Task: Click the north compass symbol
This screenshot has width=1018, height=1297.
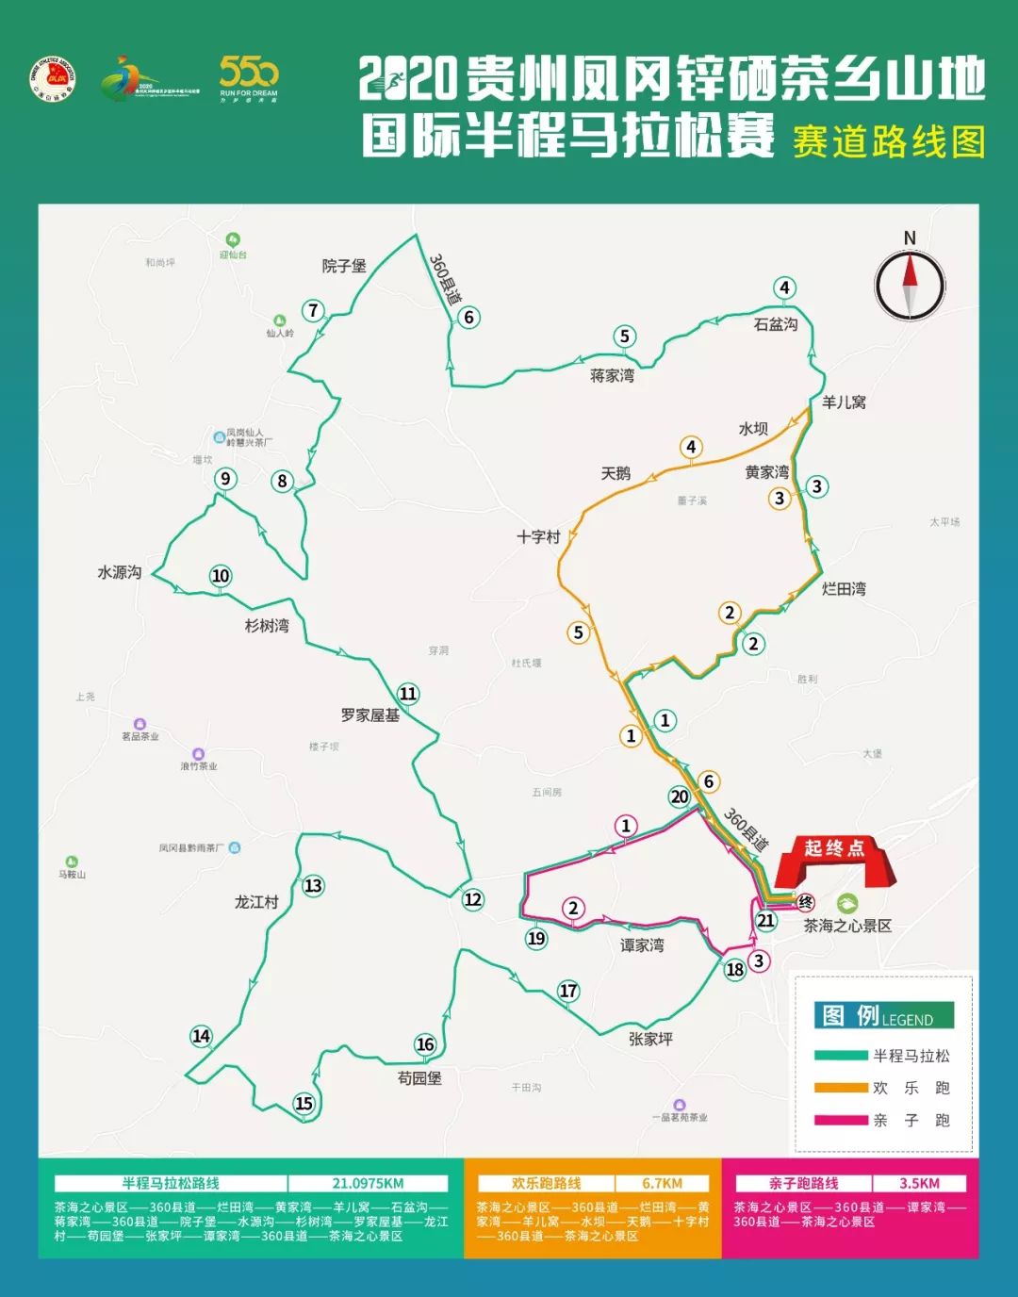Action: coord(910,284)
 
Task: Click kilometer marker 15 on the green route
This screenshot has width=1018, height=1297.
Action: coord(304,1104)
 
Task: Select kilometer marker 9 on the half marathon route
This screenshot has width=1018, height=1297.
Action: coord(225,479)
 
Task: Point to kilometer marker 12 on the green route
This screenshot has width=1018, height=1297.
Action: coord(473,899)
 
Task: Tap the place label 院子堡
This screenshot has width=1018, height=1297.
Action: coord(344,267)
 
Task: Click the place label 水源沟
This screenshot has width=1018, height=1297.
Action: coord(120,572)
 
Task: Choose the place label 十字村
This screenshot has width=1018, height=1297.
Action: coord(538,536)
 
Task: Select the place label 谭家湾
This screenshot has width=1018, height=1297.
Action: coord(642,945)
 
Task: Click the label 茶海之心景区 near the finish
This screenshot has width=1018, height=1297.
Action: coord(847,926)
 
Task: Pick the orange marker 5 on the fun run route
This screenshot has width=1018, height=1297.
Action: coord(579,632)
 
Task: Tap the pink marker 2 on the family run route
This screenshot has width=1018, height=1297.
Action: coord(573,909)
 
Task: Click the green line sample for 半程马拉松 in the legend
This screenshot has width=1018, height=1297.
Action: coord(841,1056)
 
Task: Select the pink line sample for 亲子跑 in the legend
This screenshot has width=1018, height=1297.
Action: coord(841,1120)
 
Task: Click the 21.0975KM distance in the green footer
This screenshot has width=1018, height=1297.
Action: coord(368,1184)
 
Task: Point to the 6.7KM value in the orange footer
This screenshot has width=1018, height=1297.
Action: coord(662,1184)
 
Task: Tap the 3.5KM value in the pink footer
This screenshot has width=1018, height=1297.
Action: coord(919,1184)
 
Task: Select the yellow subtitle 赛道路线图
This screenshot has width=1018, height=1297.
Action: coord(889,141)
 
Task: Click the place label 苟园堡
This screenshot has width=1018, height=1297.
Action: coord(419,1077)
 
